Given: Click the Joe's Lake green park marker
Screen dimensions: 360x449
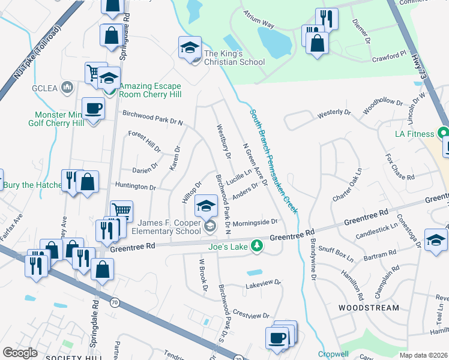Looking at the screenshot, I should point(257,245).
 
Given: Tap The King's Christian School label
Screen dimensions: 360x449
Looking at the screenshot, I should point(234,58).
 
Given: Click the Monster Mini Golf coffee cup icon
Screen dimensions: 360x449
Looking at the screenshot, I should point(93,109).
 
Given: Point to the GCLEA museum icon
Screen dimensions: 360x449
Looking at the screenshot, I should point(67,88).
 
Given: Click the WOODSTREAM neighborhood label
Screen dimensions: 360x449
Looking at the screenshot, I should point(369,308).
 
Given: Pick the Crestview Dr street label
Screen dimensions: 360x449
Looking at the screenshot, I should point(251,315).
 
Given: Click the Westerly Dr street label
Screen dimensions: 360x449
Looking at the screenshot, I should point(334,112).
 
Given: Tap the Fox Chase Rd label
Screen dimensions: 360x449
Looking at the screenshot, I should point(400,168).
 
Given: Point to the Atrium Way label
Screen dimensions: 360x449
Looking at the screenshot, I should point(259,20).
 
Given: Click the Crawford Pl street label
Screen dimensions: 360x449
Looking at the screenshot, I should point(389,58).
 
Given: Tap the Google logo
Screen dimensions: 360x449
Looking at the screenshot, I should point(20,353).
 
